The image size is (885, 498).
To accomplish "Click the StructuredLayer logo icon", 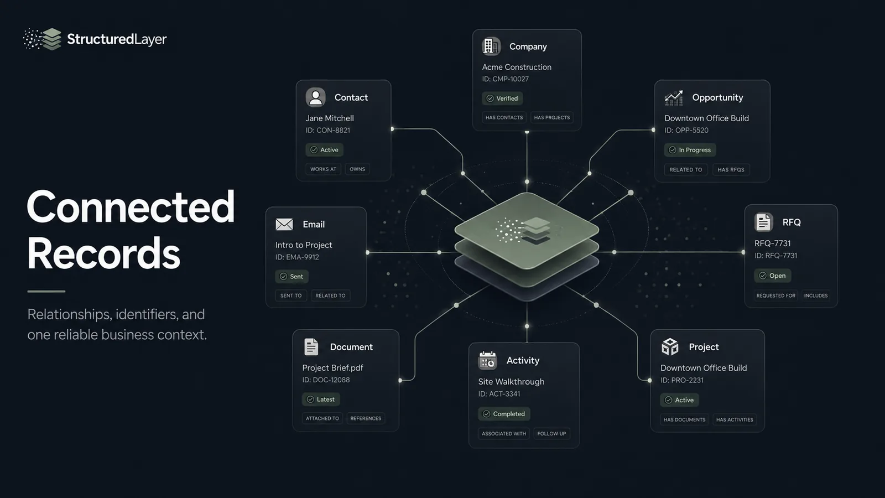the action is [42, 39].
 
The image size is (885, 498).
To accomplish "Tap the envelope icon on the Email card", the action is [284, 224].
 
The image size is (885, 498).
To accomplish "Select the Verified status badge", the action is [502, 98].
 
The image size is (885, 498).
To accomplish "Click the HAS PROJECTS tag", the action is [552, 117].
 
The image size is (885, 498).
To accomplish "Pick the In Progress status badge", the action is [690, 150].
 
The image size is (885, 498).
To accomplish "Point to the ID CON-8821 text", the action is [328, 130].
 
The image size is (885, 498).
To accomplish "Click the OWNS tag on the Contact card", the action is [357, 169].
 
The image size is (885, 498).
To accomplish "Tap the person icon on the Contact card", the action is [315, 97].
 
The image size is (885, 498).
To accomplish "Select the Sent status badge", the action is [291, 276].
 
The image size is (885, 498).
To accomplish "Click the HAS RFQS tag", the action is [731, 169].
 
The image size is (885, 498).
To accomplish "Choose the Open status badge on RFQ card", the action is [772, 276].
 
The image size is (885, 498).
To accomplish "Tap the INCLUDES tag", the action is [816, 295].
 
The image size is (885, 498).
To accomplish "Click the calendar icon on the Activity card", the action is [487, 360].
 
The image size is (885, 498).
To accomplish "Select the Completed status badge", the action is [504, 414].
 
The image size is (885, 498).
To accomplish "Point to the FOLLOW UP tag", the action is [551, 434].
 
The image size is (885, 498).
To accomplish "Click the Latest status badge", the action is [321, 399].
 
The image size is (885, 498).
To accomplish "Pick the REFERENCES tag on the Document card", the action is [366, 418].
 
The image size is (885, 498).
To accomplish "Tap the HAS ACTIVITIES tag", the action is [735, 420].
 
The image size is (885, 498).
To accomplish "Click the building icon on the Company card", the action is [491, 46].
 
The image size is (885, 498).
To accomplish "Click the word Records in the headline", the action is [103, 253].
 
